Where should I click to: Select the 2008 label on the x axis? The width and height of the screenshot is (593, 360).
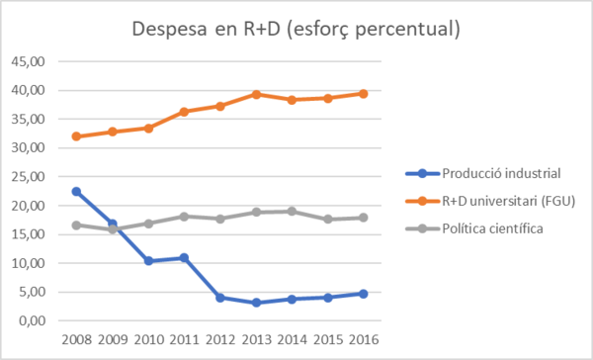point(77,340)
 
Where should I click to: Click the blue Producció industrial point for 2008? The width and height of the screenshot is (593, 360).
point(77,192)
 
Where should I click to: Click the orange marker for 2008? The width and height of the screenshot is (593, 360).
point(77,136)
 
